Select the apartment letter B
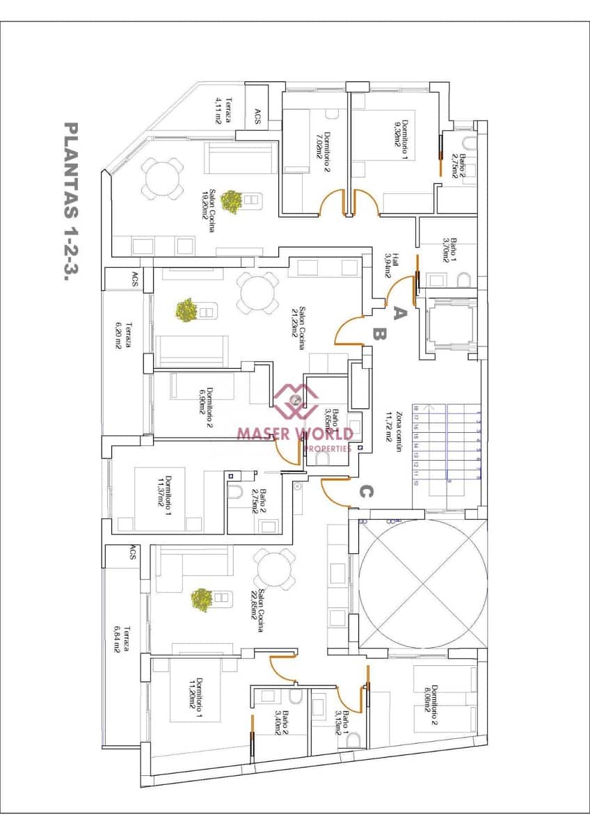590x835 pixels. pos(378,335)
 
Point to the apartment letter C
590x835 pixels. pos(367,492)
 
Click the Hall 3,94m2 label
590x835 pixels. pos(392,264)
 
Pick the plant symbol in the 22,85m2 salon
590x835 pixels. pos(202,600)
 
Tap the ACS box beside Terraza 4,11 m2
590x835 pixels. pos(257,117)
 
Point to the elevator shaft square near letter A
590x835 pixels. pos(452,325)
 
